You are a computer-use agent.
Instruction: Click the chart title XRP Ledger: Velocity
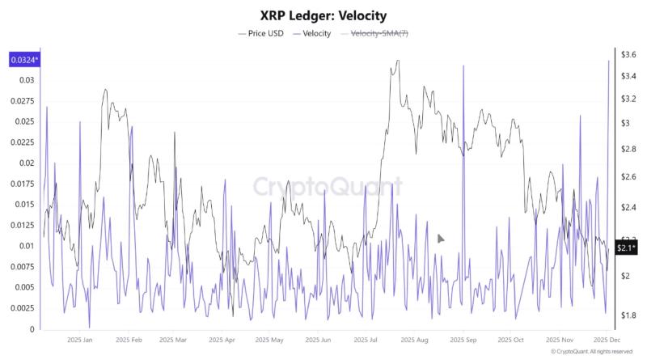[x=323, y=15]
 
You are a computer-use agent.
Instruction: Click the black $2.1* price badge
[x=626, y=248]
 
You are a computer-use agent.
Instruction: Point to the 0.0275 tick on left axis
[x=24, y=101]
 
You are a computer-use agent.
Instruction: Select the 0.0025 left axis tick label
[x=24, y=308]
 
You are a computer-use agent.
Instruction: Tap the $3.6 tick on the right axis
[x=628, y=54]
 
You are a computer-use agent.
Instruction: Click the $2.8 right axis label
[x=628, y=150]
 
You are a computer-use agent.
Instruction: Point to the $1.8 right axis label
[x=628, y=315]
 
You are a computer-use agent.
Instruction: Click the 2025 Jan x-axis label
[x=80, y=341]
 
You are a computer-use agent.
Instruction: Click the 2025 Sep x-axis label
[x=463, y=341]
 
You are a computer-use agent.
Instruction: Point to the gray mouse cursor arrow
[x=441, y=239]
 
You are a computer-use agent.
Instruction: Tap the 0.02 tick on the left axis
[x=27, y=163]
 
